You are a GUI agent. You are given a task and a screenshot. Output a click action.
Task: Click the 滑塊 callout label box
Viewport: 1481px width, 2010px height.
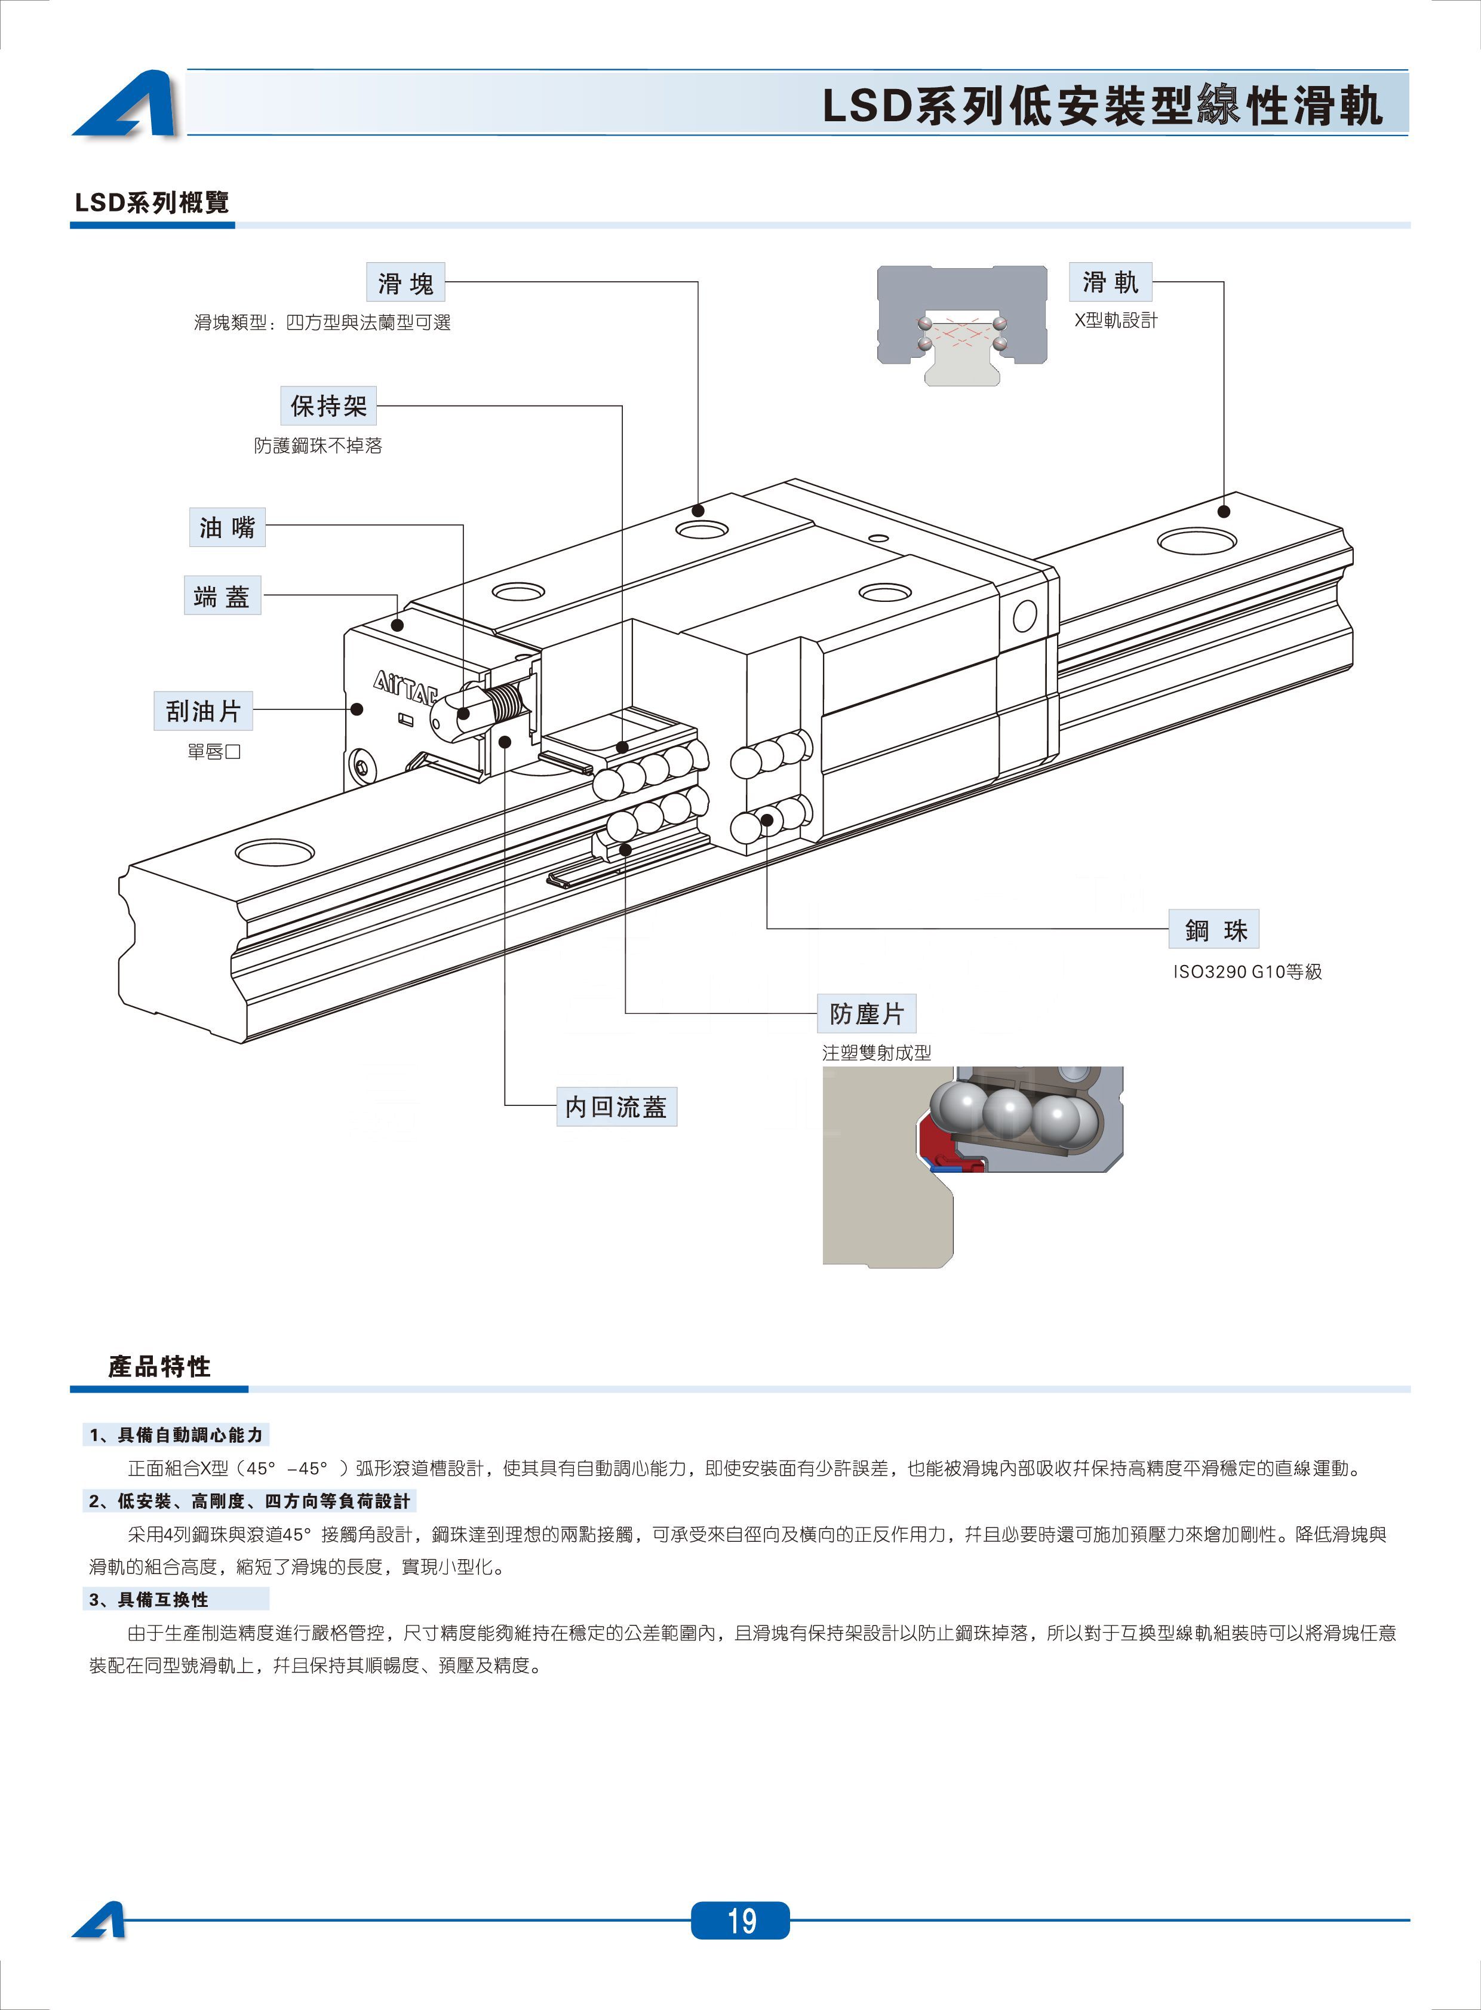tap(405, 282)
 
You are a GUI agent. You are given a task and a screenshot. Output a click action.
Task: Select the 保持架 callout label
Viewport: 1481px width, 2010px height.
tap(328, 406)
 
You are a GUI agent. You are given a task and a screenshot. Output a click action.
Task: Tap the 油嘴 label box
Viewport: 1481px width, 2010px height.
tap(227, 527)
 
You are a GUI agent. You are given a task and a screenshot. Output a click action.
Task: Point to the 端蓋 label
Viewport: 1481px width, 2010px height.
tap(222, 595)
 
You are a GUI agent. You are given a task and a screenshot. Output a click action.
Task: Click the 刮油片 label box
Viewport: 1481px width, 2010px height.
tap(204, 711)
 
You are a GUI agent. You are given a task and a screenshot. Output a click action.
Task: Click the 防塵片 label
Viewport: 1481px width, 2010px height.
tap(866, 1014)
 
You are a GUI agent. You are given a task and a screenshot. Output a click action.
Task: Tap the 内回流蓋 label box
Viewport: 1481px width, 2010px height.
tap(616, 1107)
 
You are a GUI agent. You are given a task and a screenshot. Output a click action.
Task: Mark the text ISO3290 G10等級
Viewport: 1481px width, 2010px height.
tap(1247, 972)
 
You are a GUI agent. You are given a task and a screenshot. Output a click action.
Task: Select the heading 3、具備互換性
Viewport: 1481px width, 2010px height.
tap(161, 1599)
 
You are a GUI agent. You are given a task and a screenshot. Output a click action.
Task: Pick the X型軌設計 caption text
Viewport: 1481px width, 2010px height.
tap(1116, 321)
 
